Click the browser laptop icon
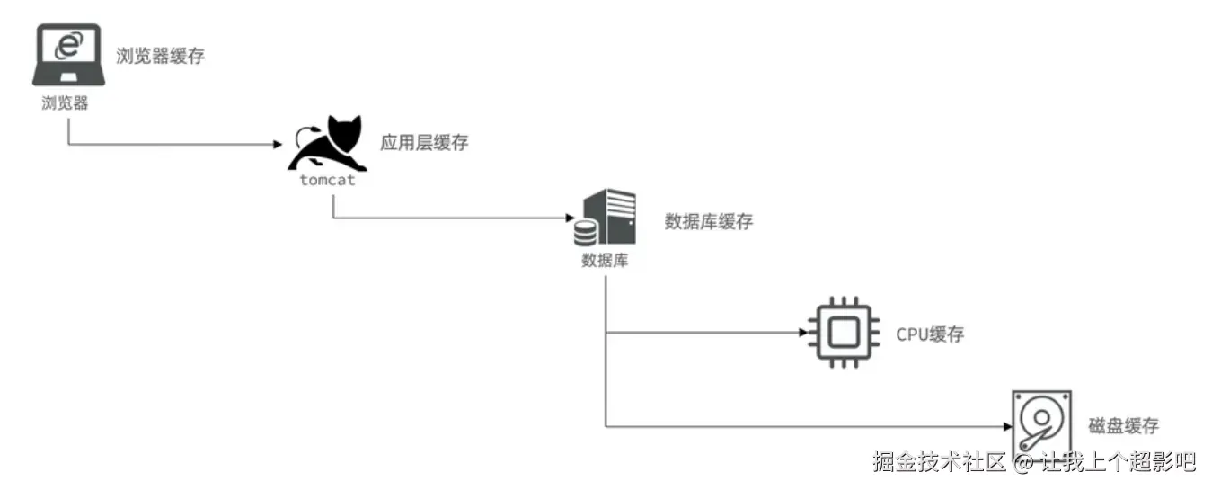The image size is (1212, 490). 68,56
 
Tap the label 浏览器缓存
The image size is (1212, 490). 161,56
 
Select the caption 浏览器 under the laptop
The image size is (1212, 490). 66,102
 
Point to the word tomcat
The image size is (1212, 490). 327,180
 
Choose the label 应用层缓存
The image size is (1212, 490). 424,143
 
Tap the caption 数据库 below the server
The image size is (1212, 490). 605,261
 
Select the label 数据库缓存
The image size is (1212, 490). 708,222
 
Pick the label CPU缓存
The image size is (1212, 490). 930,334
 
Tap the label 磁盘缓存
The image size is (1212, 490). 1123,425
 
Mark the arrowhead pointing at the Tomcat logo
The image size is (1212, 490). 278,144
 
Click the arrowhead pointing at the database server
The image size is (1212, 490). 568,218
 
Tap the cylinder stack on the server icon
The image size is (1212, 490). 586,233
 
